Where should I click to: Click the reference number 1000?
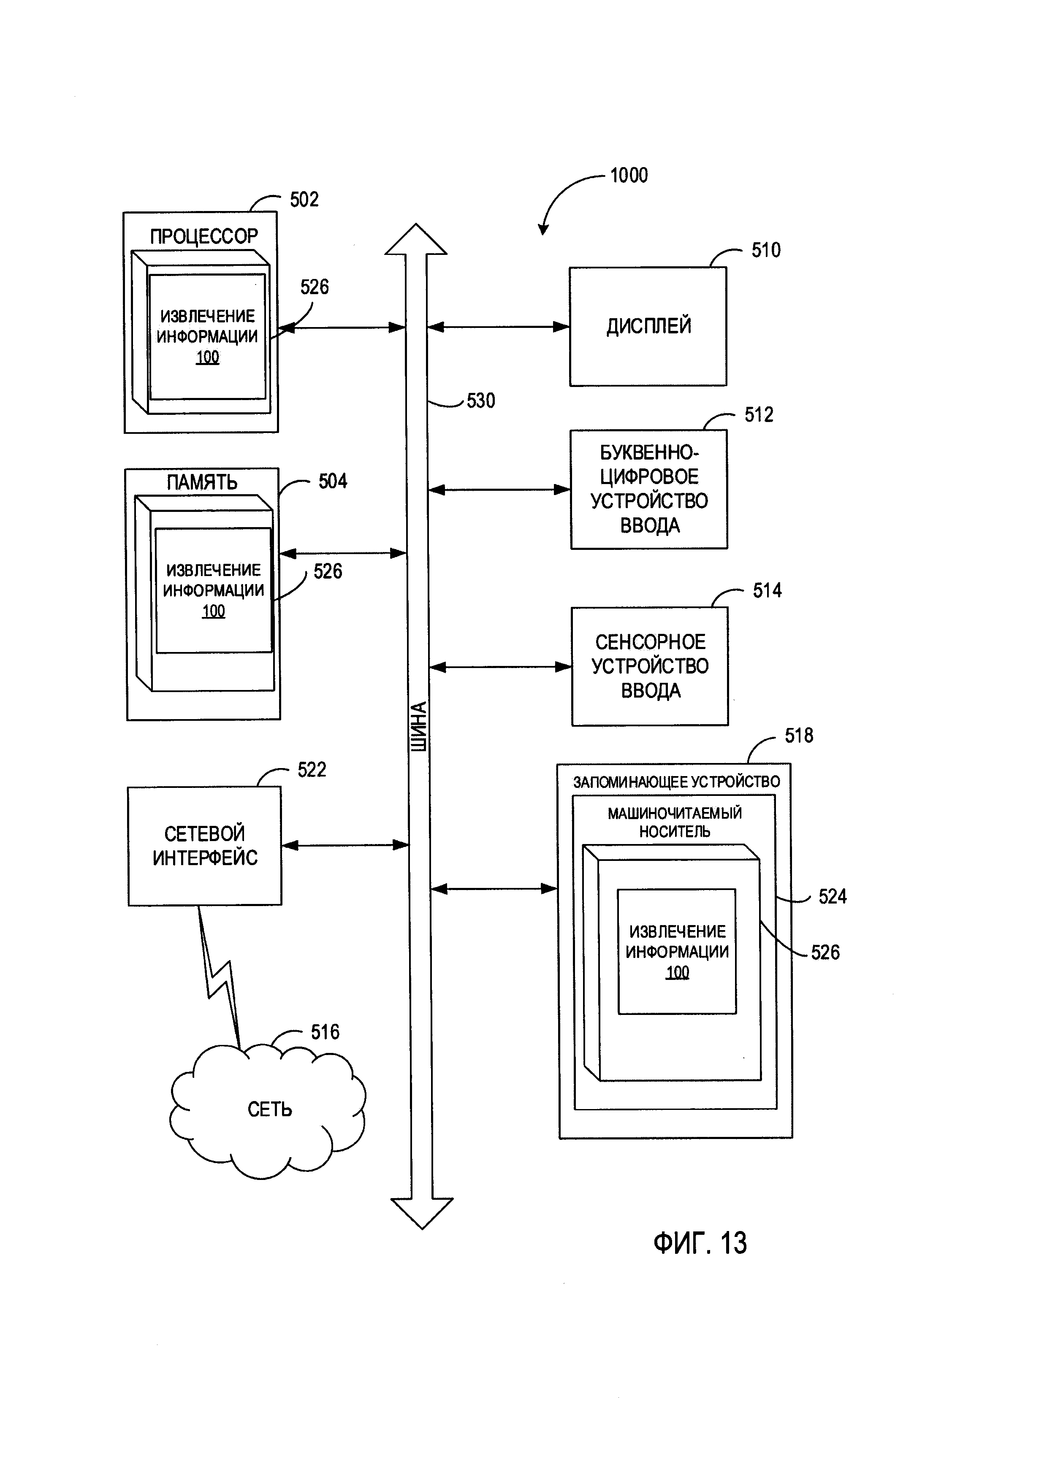pos(629,175)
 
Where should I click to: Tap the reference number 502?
pos(304,200)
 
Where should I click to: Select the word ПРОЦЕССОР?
pos(204,237)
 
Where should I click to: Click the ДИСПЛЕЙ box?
pos(648,326)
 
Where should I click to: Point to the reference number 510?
pos(766,250)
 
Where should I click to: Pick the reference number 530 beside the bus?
pos(481,401)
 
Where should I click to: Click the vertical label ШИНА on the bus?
pos(419,726)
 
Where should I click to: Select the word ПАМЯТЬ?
pos(202,482)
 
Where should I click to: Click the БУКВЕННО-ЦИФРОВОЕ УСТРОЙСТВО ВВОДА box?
pos(649,489)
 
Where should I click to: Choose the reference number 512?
pos(759,414)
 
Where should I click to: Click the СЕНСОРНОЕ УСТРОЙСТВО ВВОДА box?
pos(650,666)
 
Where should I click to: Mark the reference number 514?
pos(767,590)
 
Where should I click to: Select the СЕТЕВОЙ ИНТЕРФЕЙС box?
pos(205,846)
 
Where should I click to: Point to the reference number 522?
pos(312,770)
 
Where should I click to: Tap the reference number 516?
pos(325,1032)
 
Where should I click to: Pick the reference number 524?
pos(832,897)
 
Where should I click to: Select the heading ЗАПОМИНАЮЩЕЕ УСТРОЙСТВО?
pos(676,782)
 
